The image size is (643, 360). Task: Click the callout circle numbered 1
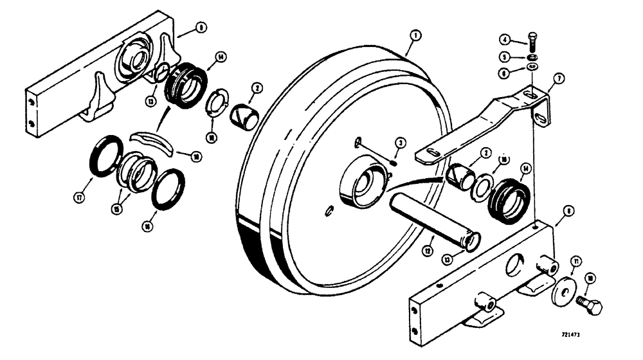pos(416,35)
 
